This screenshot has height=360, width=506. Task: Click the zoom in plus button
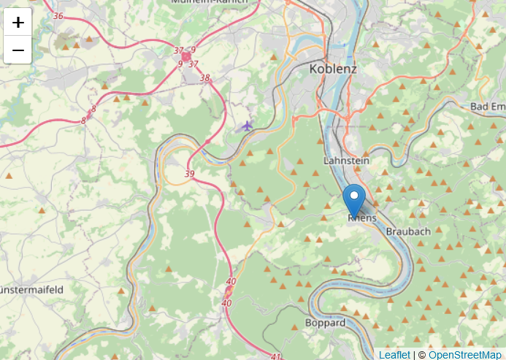pyautogui.click(x=18, y=22)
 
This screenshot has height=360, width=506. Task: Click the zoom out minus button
pyautogui.click(x=18, y=50)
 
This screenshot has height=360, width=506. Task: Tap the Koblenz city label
pyautogui.click(x=333, y=69)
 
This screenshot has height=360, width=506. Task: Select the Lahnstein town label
pyautogui.click(x=346, y=160)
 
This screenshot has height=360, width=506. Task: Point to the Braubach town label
pyautogui.click(x=408, y=231)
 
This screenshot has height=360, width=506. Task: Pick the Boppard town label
pyautogui.click(x=326, y=323)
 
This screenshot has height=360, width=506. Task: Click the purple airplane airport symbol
pyautogui.click(x=247, y=126)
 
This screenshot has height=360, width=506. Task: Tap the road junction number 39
pyautogui.click(x=190, y=174)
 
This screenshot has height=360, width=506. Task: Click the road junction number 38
pyautogui.click(x=204, y=78)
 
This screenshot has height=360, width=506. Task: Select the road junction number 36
pyautogui.click(x=58, y=16)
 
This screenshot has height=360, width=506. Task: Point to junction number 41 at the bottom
pyautogui.click(x=275, y=356)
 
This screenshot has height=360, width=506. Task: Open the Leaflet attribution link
pyautogui.click(x=394, y=355)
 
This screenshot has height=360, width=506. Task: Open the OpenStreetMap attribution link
pyautogui.click(x=465, y=355)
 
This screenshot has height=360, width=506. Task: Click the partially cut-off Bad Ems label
pyautogui.click(x=488, y=107)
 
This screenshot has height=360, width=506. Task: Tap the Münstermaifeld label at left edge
pyautogui.click(x=31, y=290)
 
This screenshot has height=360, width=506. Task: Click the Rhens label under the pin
pyautogui.click(x=362, y=218)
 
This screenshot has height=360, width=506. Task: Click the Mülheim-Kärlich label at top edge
pyautogui.click(x=209, y=2)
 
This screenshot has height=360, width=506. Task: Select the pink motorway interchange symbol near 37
pyautogui.click(x=186, y=56)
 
